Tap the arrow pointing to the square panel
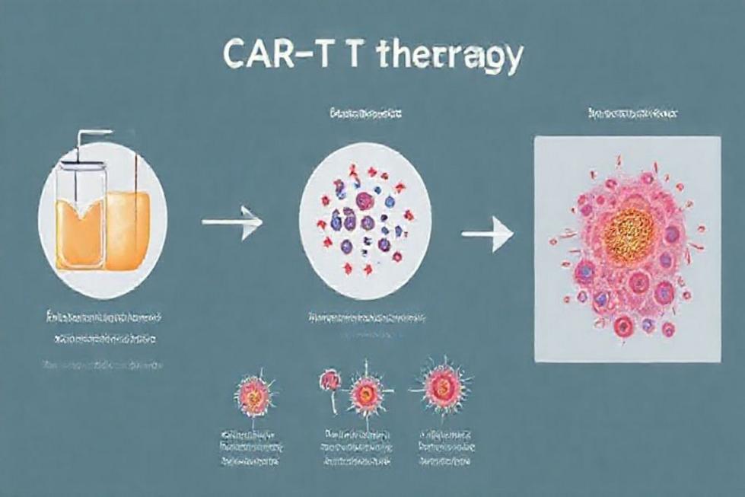[488, 234]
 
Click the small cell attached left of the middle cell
[330, 378]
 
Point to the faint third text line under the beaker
[103, 366]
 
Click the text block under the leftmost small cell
[250, 446]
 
